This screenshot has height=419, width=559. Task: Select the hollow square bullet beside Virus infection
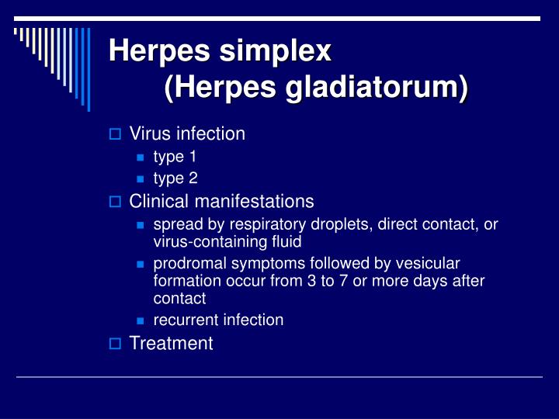(x=115, y=134)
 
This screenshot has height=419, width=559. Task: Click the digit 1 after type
(x=193, y=157)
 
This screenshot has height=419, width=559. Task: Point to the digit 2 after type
(x=193, y=178)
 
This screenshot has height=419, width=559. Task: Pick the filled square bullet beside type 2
(x=140, y=179)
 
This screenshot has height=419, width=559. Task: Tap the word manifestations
(x=254, y=201)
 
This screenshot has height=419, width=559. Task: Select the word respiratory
(x=267, y=225)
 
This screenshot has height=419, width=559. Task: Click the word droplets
(x=342, y=224)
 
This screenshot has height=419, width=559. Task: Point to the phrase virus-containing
(x=210, y=242)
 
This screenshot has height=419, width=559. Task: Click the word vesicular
(x=428, y=264)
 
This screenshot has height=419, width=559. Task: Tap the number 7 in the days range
(x=343, y=281)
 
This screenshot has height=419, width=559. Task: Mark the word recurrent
(x=186, y=320)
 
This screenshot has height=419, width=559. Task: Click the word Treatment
(x=171, y=343)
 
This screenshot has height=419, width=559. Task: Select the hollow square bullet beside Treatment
(x=115, y=344)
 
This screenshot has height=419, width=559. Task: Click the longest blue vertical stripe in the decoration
(x=89, y=70)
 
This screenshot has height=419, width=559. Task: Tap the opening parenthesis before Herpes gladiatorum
(x=169, y=88)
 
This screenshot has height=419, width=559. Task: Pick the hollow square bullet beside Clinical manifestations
(x=115, y=202)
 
